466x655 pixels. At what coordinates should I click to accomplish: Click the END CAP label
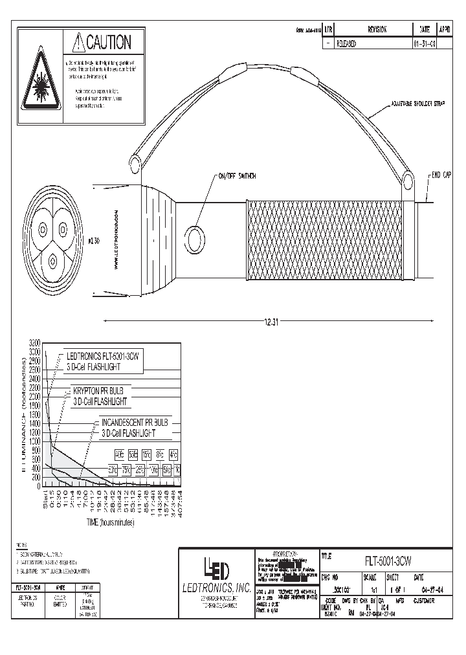[x=442, y=175]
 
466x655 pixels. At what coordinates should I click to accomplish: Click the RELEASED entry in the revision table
[x=346, y=44]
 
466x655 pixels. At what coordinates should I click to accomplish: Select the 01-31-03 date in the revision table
[x=423, y=44]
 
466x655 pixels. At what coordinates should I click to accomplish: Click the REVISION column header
[x=377, y=30]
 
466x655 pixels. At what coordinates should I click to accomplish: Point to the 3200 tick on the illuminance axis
[x=34, y=342]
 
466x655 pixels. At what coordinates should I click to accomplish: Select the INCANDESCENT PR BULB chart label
[x=135, y=422]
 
